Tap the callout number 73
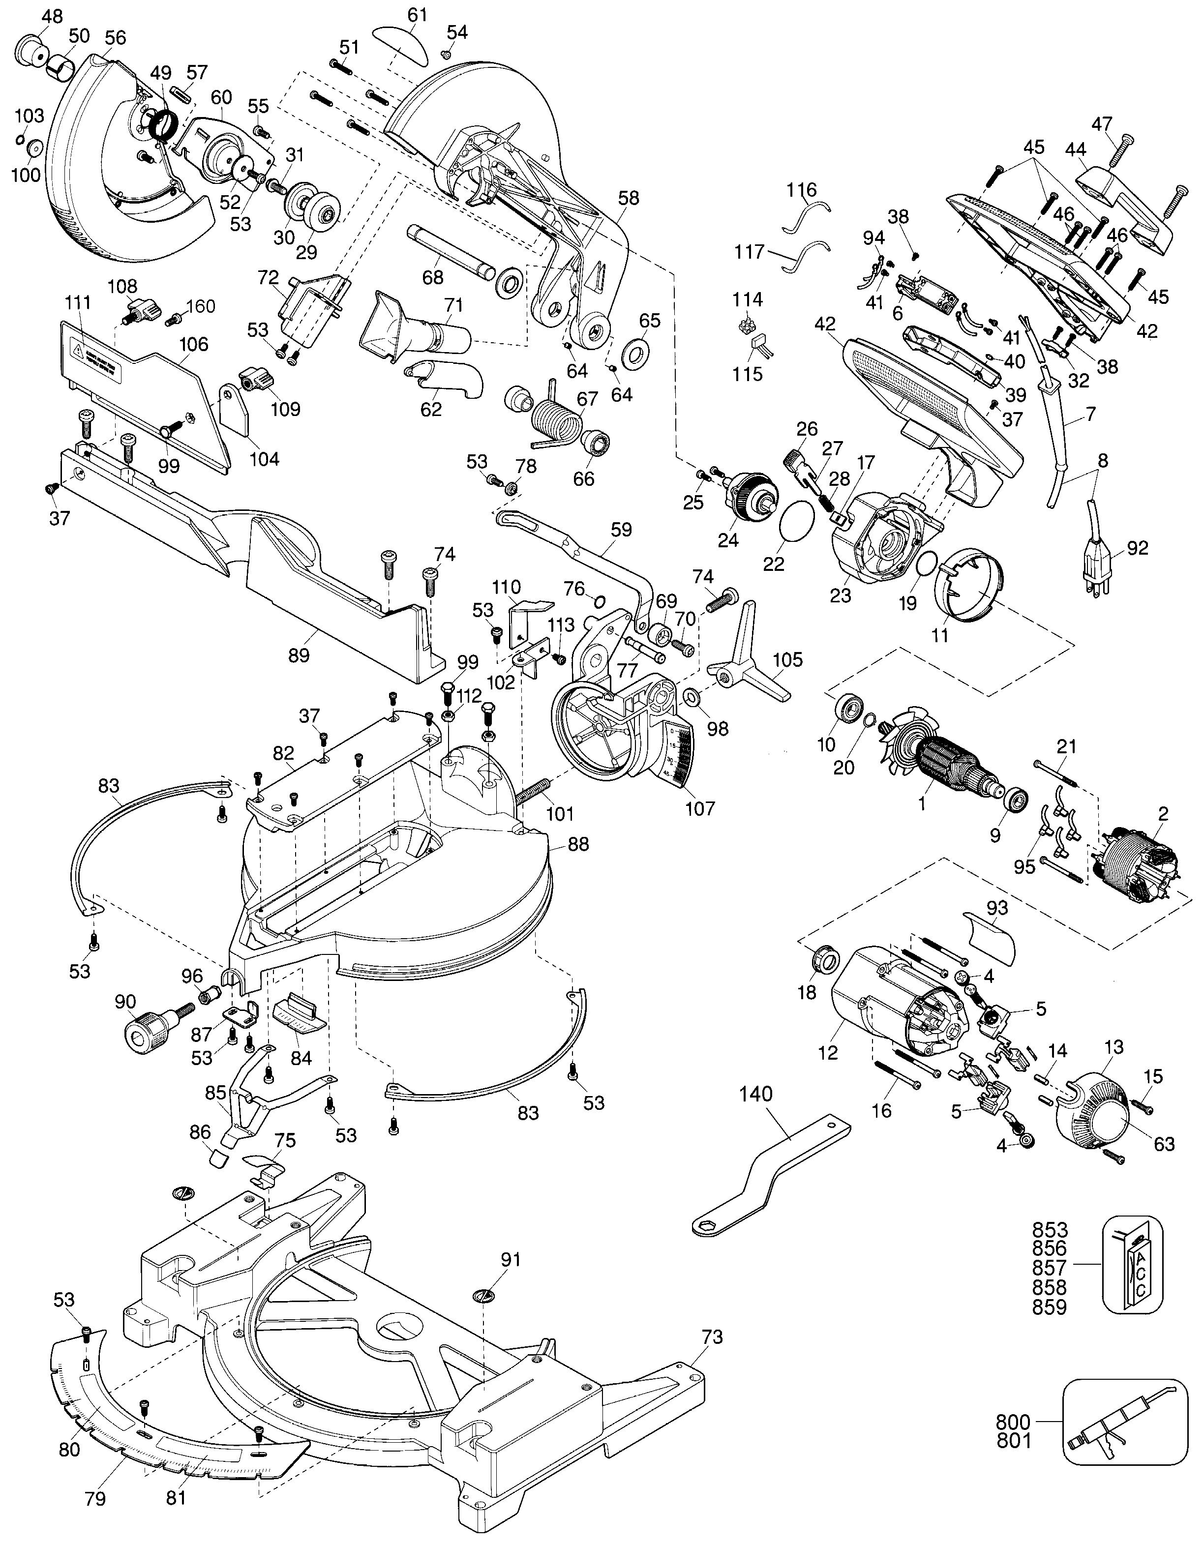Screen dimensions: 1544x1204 713,1337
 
